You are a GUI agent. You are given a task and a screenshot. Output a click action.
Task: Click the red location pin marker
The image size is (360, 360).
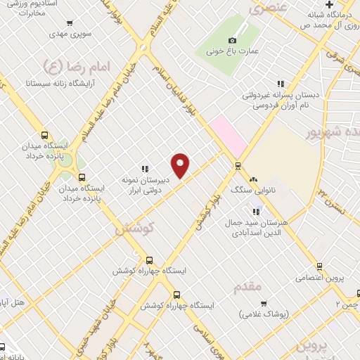point(181,165)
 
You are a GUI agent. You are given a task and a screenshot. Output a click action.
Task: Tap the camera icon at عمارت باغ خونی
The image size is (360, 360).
point(233,40)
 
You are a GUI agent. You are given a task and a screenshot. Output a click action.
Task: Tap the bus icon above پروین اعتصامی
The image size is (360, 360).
point(319,266)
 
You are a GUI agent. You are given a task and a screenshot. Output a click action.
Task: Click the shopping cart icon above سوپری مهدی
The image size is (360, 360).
point(70,23)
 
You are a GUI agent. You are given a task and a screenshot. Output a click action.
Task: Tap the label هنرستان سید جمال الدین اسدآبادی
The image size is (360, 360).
point(253,227)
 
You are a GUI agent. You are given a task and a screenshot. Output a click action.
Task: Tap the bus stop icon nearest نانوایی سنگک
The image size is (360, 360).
point(238,167)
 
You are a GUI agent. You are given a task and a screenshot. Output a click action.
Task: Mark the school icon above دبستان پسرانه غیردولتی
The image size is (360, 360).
point(281,84)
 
